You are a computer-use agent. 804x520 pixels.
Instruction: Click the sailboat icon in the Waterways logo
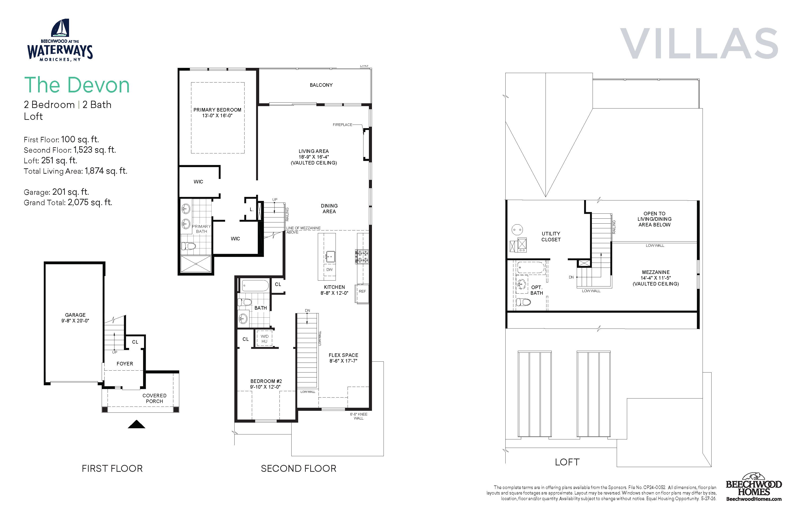(61, 28)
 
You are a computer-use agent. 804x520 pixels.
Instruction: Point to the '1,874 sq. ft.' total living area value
(106, 171)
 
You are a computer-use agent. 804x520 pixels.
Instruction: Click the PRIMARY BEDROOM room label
(217, 110)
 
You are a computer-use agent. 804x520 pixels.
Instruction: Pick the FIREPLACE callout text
(342, 125)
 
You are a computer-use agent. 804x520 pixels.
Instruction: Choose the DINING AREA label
(329, 208)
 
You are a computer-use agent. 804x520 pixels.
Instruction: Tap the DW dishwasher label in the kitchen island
(329, 269)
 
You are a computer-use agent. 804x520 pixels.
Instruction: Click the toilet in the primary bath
(188, 246)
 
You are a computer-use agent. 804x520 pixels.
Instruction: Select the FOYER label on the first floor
(125, 364)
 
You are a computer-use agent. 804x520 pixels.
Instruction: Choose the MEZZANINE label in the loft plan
(656, 272)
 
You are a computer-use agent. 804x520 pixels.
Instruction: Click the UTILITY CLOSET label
(551, 236)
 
